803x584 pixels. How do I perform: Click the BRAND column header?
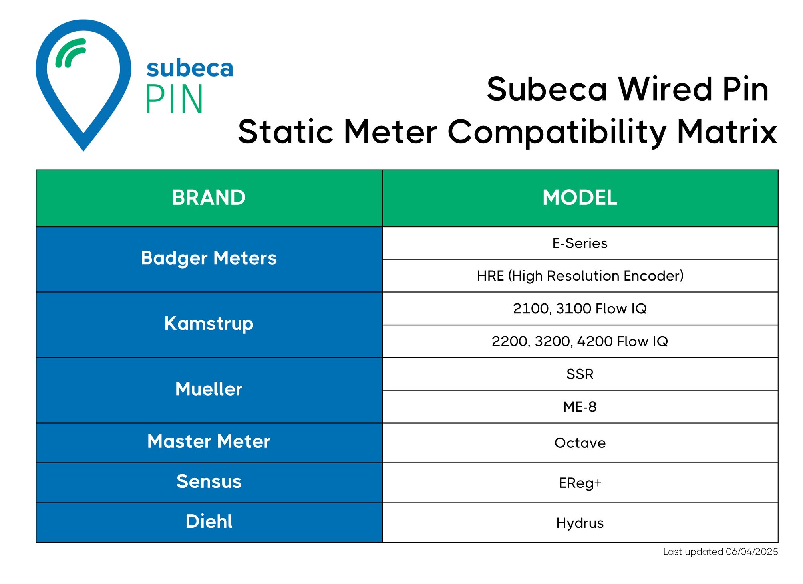[209, 198]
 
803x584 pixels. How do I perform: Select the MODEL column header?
[580, 198]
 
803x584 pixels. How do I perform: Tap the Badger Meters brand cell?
[209, 258]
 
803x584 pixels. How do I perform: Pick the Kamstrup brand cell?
[209, 324]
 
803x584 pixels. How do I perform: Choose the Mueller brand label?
[209, 389]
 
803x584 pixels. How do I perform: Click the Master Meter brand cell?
[209, 442]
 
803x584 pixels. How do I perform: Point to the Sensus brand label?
[209, 482]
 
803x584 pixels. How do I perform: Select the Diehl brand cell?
[209, 522]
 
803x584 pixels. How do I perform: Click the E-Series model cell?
[580, 243]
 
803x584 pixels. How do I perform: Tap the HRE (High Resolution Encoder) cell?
[580, 276]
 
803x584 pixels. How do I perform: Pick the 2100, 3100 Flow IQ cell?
[580, 309]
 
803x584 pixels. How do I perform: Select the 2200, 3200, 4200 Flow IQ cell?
[580, 341]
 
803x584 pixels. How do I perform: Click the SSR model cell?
[580, 374]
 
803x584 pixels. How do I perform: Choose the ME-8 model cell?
[580, 407]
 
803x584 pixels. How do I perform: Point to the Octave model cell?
[580, 443]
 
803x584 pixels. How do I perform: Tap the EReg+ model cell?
[580, 483]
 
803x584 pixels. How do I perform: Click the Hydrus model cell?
[580, 523]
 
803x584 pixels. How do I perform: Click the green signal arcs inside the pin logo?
[70, 53]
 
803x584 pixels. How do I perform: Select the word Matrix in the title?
[727, 132]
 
